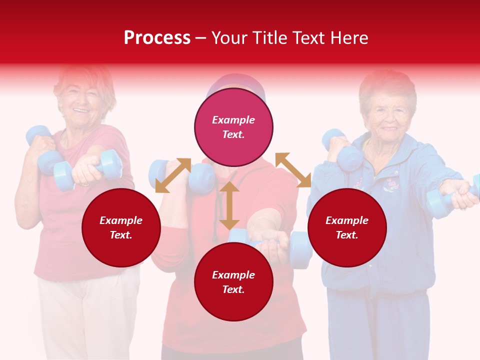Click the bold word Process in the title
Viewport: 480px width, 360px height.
pyautogui.click(x=157, y=38)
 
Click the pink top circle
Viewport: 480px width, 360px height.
pyautogui.click(x=233, y=127)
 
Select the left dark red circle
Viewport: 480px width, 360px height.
pyautogui.click(x=121, y=228)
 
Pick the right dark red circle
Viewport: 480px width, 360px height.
pyautogui.click(x=347, y=228)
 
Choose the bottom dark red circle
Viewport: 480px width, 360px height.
pyautogui.click(x=233, y=282)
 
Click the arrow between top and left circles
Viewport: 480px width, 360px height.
pyautogui.click(x=173, y=175)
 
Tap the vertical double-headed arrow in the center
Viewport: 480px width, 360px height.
pyautogui.click(x=229, y=205)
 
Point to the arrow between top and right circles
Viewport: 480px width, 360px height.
pyautogui.click(x=293, y=170)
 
